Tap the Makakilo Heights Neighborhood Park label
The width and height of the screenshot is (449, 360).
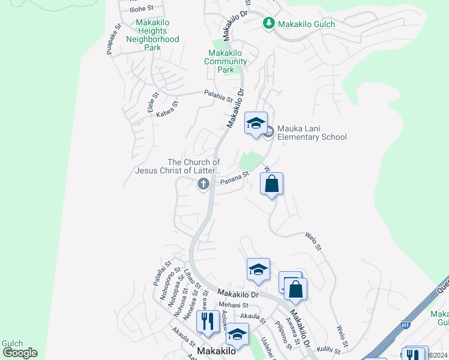tap(152, 35)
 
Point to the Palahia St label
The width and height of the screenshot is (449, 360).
tap(218, 96)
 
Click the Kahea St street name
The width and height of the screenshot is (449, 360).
tap(167, 109)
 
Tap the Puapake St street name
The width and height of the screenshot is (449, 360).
tap(114, 40)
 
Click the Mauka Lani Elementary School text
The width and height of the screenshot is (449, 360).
tap(312, 133)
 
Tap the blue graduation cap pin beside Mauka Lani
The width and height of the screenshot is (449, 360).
tap(256, 124)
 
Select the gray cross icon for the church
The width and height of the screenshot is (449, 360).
tap(203, 184)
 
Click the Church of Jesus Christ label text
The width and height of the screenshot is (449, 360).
tap(178, 166)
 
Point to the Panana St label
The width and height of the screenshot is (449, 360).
tap(234, 178)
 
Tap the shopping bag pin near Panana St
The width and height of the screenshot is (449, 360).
tap(271, 184)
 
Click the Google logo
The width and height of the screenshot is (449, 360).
tap(20, 353)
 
